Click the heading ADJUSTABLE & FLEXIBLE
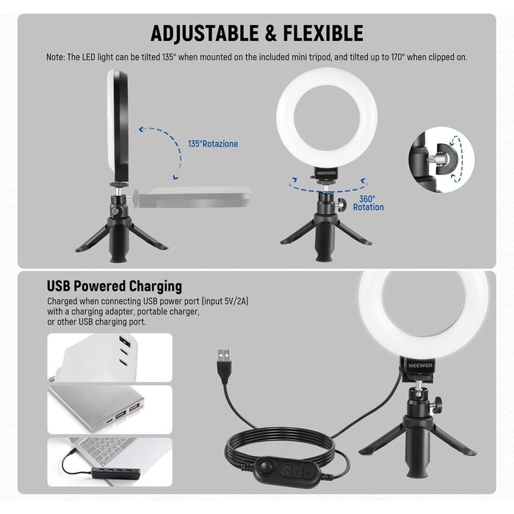point(257,33)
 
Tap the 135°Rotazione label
point(212,144)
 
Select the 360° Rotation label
point(368,203)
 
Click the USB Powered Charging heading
point(115,286)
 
